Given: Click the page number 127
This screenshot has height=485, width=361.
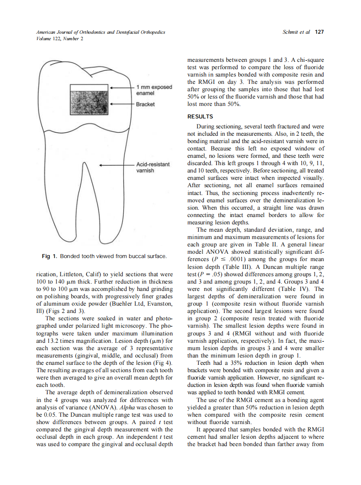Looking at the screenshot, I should point(320,32).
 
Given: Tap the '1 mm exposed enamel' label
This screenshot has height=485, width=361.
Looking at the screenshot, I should point(154,90).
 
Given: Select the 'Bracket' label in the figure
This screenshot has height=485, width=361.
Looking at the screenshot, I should point(145,105).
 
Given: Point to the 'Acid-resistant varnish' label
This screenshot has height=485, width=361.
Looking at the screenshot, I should point(153,168).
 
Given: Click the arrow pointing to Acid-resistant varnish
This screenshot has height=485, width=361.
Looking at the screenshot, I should point(117,165).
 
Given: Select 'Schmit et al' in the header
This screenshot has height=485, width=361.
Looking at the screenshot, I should point(296,32).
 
